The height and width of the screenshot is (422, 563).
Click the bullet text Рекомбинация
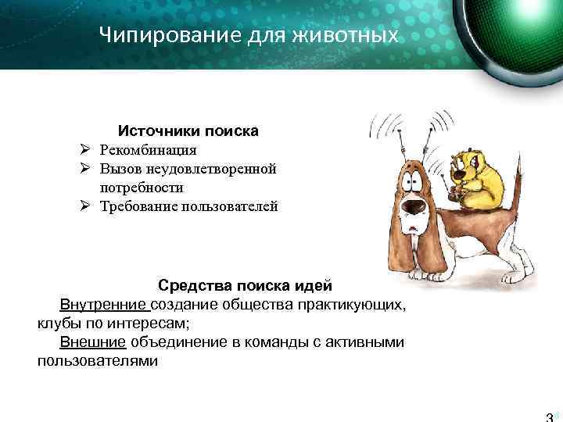coord(149,149)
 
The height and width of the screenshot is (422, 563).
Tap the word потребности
coord(142,188)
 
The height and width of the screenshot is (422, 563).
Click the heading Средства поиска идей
coord(245,284)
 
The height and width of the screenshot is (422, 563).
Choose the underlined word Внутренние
coord(103,303)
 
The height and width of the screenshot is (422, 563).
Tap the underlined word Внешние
coord(92,342)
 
